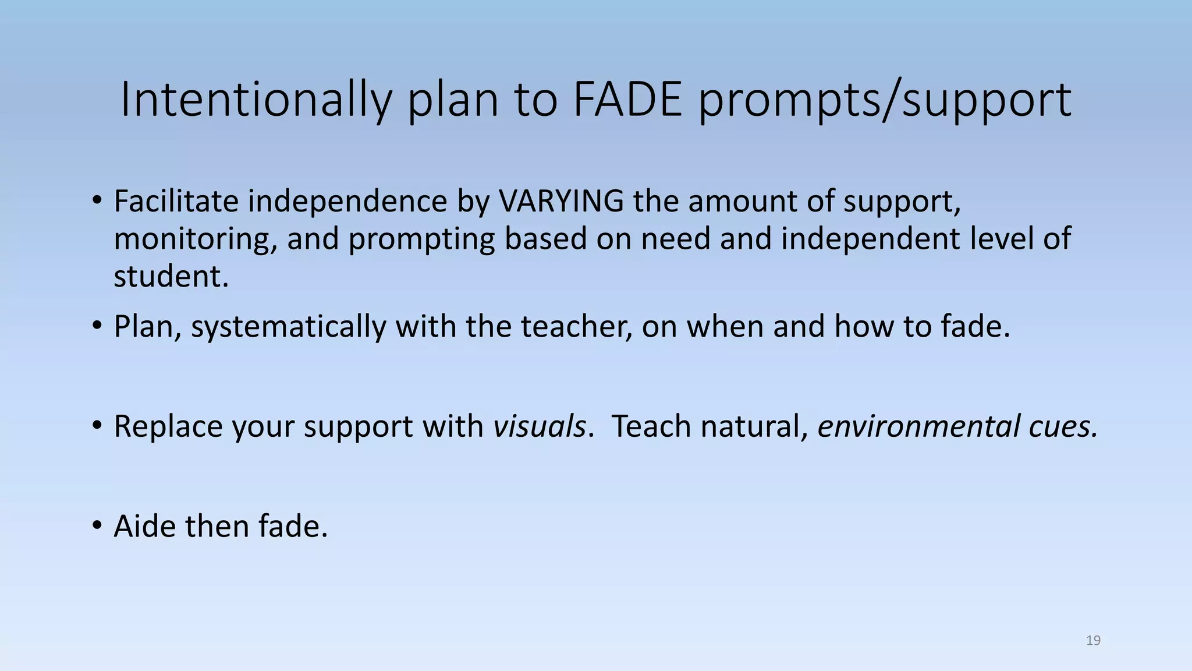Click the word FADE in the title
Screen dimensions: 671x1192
click(627, 100)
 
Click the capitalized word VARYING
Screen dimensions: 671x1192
click(561, 202)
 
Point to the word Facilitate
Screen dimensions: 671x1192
click(176, 202)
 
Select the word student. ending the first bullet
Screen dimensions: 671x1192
click(171, 277)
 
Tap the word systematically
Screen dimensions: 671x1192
click(288, 327)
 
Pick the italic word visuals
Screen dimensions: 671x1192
click(540, 426)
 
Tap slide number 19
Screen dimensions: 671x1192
click(1093, 641)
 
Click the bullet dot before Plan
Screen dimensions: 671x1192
click(97, 327)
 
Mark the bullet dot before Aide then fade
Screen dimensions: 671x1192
click(97, 527)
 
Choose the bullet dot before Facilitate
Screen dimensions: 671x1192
click(97, 202)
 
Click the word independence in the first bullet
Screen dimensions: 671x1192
click(347, 202)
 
